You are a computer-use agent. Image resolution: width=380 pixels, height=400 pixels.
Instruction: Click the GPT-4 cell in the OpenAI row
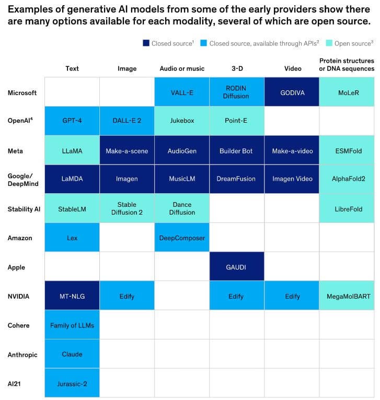(72, 121)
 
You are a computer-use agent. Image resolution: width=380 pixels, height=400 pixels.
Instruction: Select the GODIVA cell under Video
(292, 92)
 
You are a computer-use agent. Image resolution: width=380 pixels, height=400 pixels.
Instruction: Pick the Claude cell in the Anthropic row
(72, 354)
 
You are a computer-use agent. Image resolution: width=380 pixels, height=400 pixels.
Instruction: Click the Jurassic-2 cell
(72, 383)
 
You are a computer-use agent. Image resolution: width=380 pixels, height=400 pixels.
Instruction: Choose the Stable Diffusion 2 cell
(127, 208)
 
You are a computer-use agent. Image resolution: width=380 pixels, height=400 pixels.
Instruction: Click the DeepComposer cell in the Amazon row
(182, 238)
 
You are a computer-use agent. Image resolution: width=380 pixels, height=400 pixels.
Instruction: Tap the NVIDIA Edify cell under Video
(292, 296)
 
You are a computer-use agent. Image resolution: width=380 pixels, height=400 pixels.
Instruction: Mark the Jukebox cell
(182, 121)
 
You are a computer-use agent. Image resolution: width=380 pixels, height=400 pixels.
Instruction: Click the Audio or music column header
(182, 68)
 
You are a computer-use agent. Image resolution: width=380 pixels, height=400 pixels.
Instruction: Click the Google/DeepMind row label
(22, 179)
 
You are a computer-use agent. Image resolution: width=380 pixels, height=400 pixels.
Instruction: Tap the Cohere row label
(18, 325)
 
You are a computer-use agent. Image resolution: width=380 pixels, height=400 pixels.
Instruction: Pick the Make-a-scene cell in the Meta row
(127, 150)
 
